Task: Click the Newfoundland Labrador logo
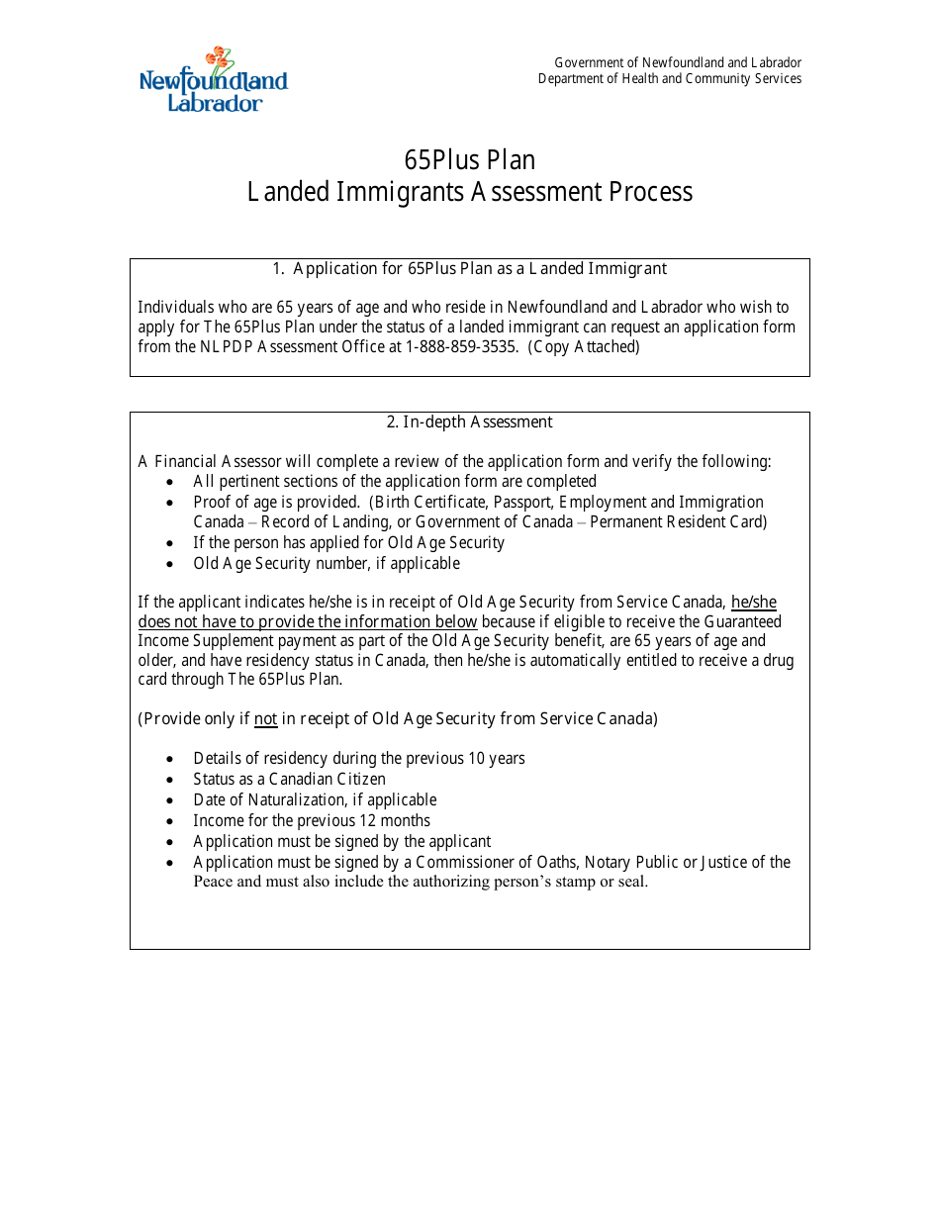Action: pyautogui.click(x=213, y=79)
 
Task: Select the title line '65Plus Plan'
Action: pyautogui.click(x=469, y=160)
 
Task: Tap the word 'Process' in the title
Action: pyautogui.click(x=651, y=192)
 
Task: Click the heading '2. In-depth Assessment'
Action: pyautogui.click(x=469, y=422)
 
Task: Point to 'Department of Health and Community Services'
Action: pyautogui.click(x=670, y=79)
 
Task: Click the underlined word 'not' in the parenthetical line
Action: pyautogui.click(x=265, y=719)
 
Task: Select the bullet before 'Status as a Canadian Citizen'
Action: pyautogui.click(x=170, y=780)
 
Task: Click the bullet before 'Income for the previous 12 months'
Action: pyautogui.click(x=170, y=821)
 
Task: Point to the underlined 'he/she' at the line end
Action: pyautogui.click(x=753, y=603)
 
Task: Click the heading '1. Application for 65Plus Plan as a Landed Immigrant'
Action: pyautogui.click(x=469, y=269)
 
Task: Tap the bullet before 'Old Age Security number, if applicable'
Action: pyautogui.click(x=170, y=564)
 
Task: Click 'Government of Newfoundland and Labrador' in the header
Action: pyautogui.click(x=678, y=63)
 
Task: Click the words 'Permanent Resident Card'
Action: pyautogui.click(x=678, y=522)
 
